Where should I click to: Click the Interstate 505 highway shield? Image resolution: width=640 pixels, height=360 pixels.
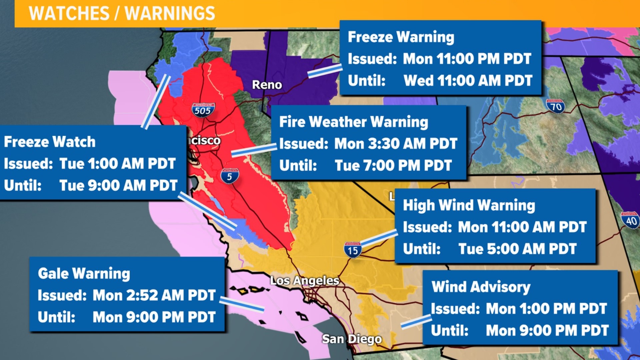203,110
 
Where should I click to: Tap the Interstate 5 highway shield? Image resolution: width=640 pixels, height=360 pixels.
230,176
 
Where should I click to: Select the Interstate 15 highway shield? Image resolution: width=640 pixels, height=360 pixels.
353,250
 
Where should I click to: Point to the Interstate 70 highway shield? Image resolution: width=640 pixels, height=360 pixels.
555,106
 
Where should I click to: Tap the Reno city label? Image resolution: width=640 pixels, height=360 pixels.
267,85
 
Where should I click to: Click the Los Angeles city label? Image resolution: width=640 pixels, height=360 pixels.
304,281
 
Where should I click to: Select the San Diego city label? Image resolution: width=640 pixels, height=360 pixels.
352,339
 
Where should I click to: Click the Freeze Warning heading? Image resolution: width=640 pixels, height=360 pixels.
401,37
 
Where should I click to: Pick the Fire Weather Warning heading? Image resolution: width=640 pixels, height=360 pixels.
353,122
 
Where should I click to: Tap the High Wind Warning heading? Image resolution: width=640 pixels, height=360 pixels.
469,205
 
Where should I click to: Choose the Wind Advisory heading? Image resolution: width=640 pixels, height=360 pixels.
481,287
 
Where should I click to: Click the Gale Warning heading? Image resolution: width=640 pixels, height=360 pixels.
84,274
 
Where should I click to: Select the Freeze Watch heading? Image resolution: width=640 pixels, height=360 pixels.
50,142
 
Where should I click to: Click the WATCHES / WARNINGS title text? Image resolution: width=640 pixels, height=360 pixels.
122,14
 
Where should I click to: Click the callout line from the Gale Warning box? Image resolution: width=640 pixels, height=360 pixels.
242,305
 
